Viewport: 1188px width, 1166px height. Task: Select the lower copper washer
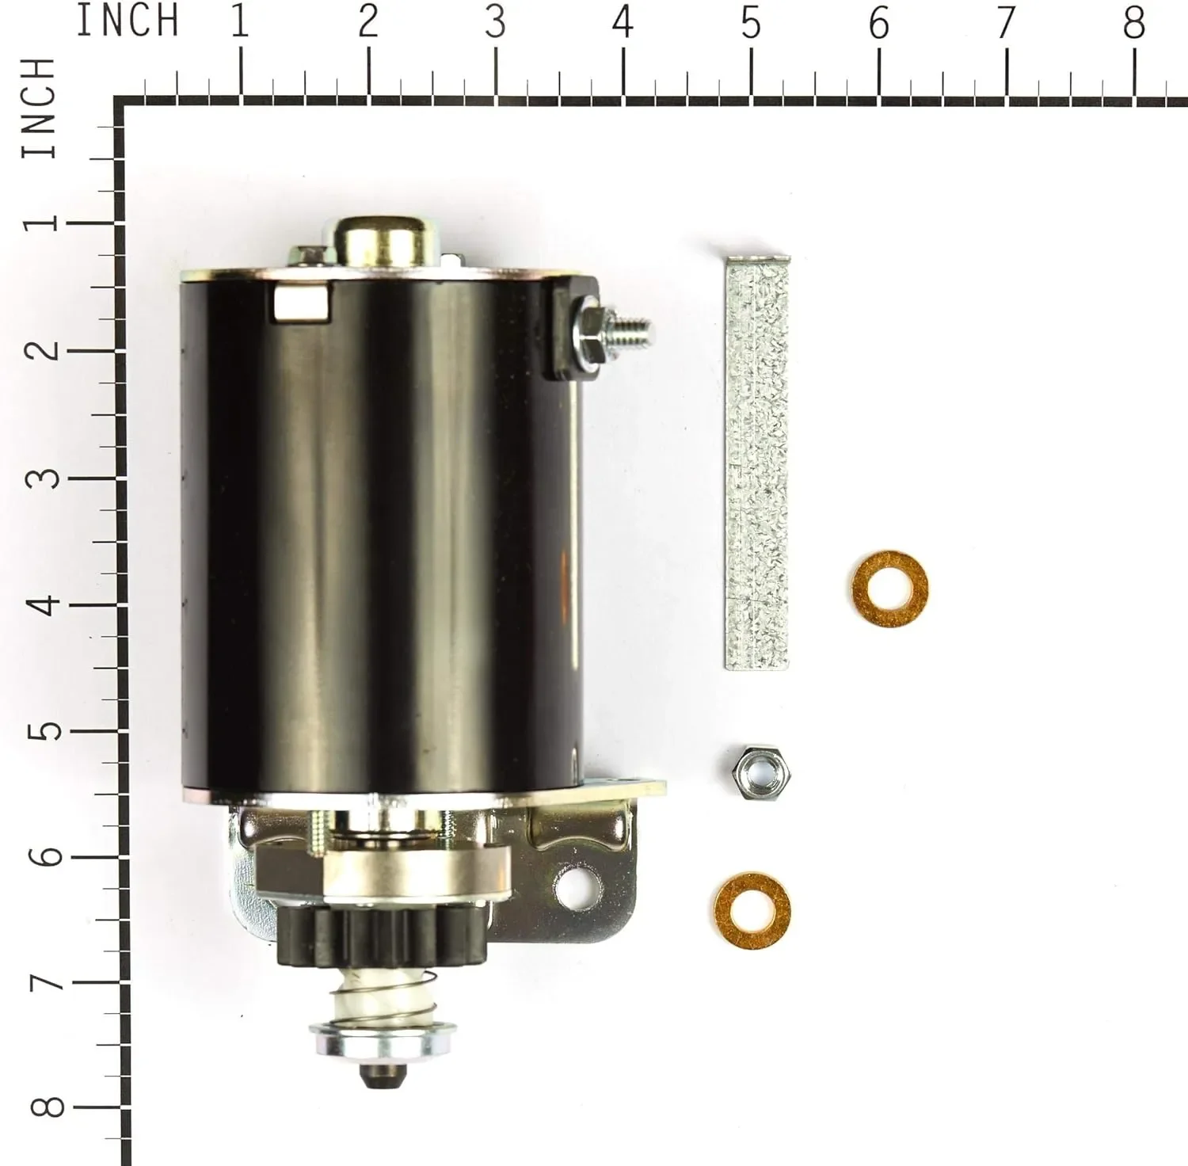coord(752,911)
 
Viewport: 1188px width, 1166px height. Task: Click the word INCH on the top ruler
coord(127,21)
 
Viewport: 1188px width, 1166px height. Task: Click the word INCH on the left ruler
coord(40,109)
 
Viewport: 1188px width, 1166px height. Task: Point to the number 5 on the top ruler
coord(751,22)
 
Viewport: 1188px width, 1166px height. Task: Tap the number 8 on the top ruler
coord(1133,22)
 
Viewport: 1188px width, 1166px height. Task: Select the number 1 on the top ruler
coord(240,22)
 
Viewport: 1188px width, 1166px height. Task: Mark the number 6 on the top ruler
coord(878,22)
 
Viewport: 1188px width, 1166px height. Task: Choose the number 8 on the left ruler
coord(48,1107)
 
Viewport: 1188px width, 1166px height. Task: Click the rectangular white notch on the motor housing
coord(302,302)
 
